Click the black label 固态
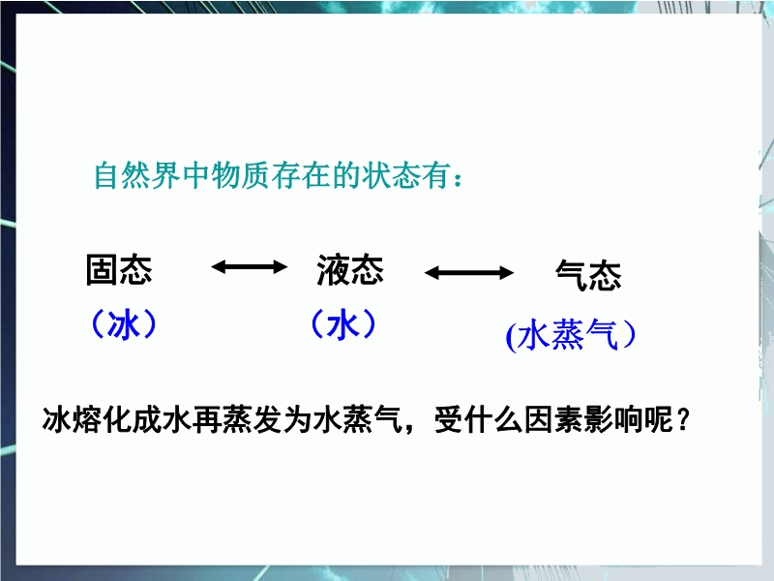tap(119, 270)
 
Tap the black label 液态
tap(350, 270)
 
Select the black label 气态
tap(588, 275)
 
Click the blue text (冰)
tap(125, 324)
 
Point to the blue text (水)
tap(343, 324)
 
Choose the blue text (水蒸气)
tap(571, 335)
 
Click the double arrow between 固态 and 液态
tap(250, 267)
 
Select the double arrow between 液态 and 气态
tap(469, 273)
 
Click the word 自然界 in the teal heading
tap(137, 175)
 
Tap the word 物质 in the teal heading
tap(241, 175)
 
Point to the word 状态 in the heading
tap(391, 175)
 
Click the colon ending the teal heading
tap(458, 179)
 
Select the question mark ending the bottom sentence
tap(683, 420)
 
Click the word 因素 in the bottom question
tap(553, 420)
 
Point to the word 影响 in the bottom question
tap(613, 420)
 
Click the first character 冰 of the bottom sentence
tap(57, 420)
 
